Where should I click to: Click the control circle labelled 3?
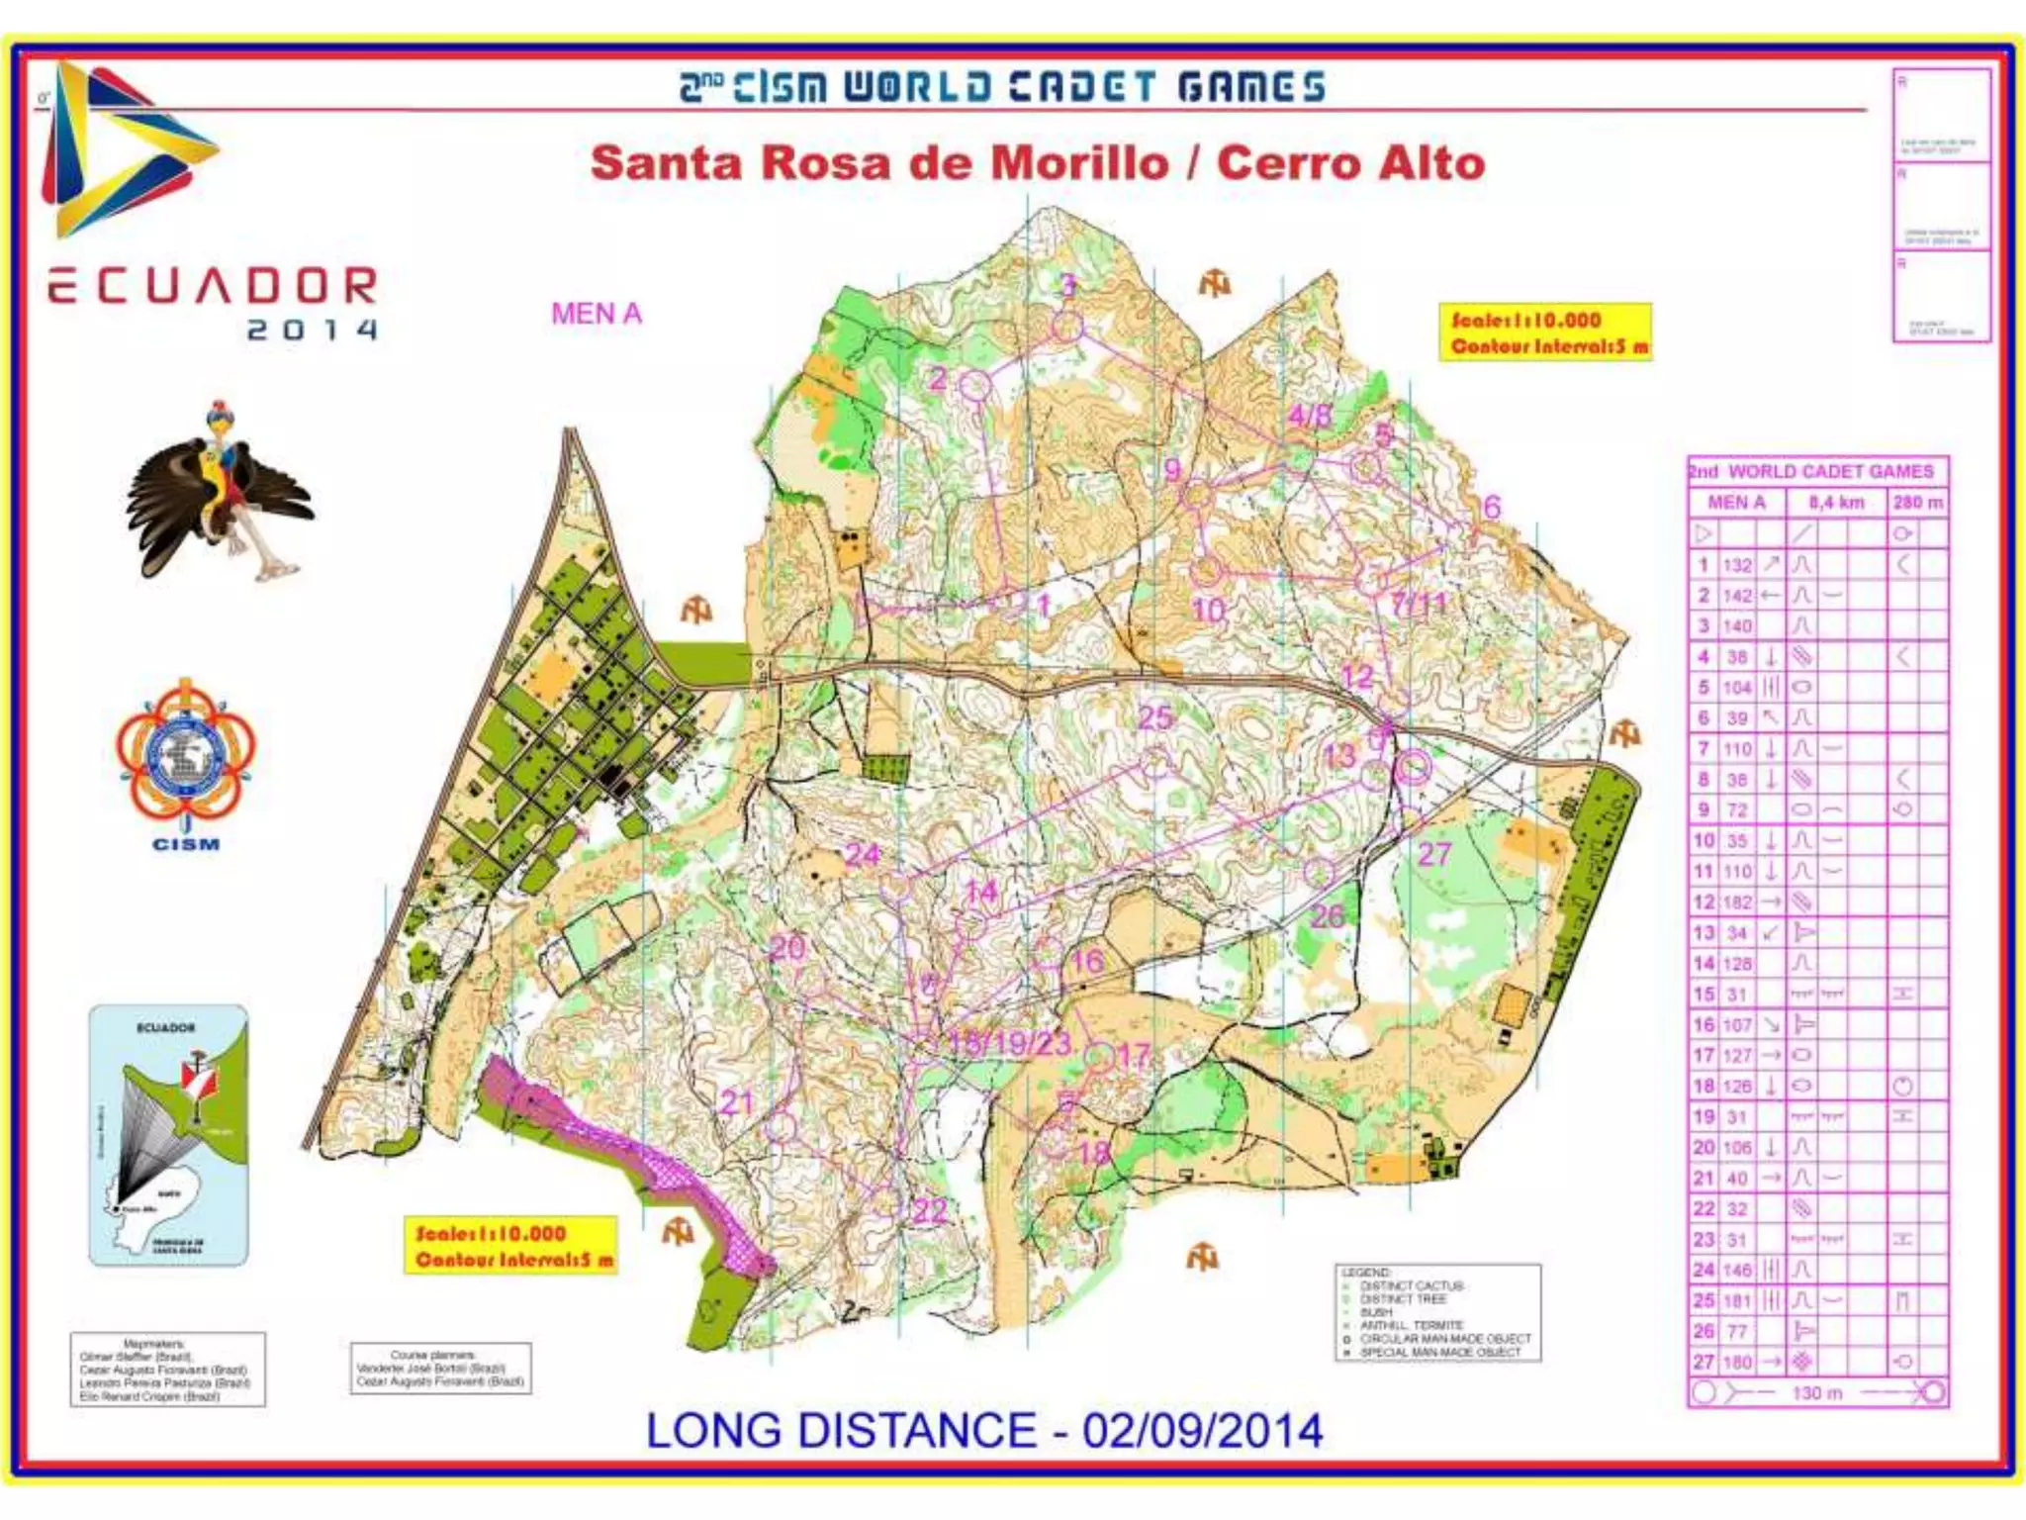click(x=1066, y=326)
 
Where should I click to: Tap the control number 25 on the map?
click(x=1154, y=717)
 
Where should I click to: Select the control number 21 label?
click(x=737, y=1102)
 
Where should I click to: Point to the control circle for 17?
click(x=1099, y=1058)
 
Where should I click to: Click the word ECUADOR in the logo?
click(x=213, y=286)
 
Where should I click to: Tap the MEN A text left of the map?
click(x=597, y=314)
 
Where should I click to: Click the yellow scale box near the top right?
click(x=1545, y=332)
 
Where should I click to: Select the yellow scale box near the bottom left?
click(x=511, y=1246)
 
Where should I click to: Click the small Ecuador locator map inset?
click(x=168, y=1135)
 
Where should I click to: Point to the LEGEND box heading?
click(x=1366, y=1272)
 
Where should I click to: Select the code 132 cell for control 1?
click(x=1737, y=565)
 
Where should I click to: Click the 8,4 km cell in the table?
click(x=1836, y=503)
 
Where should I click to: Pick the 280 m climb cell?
click(x=1918, y=503)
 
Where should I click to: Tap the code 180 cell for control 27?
click(x=1737, y=1363)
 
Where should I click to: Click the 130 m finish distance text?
click(x=1816, y=1393)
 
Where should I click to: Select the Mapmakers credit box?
click(x=167, y=1370)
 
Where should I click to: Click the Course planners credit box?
click(x=440, y=1369)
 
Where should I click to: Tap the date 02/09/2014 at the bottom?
click(x=1202, y=1431)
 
